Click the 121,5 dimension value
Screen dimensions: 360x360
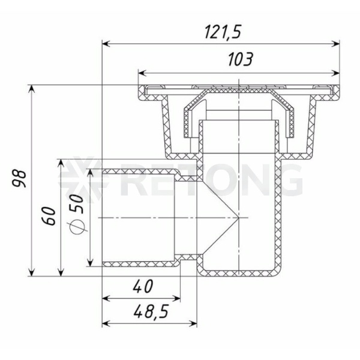pyautogui.click(x=223, y=32)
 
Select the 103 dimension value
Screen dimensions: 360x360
pyautogui.click(x=241, y=59)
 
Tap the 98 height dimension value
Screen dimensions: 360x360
pyautogui.click(x=19, y=178)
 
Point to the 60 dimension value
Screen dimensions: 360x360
pyautogui.click(x=49, y=216)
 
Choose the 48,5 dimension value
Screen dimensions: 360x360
pyautogui.click(x=151, y=311)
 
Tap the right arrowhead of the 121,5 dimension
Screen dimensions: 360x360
pyautogui.click(x=336, y=44)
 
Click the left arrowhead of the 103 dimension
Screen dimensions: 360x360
pyautogui.click(x=142, y=73)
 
